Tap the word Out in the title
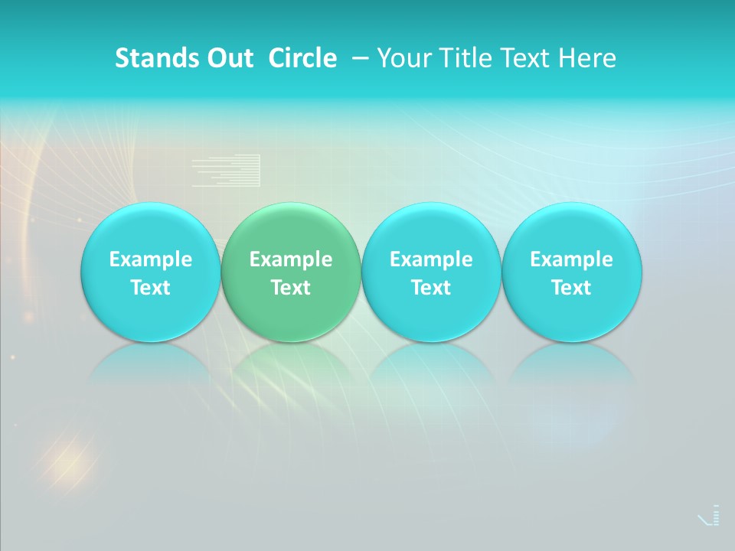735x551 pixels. pyautogui.click(x=227, y=58)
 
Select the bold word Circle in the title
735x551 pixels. pyautogui.click(x=302, y=58)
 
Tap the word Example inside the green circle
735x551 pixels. pyautogui.click(x=290, y=259)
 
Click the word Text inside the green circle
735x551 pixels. pyautogui.click(x=290, y=288)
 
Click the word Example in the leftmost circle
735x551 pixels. pyautogui.click(x=150, y=259)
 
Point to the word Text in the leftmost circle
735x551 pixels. pyautogui.click(x=150, y=288)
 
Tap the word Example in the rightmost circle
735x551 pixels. pyautogui.click(x=571, y=259)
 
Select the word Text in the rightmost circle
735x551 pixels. pyautogui.click(x=571, y=288)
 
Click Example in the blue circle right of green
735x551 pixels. pyautogui.click(x=431, y=259)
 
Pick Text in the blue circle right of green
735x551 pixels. pyautogui.click(x=431, y=288)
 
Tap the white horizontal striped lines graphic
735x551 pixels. pyautogui.click(x=226, y=170)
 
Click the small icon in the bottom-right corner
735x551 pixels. pyautogui.click(x=710, y=517)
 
